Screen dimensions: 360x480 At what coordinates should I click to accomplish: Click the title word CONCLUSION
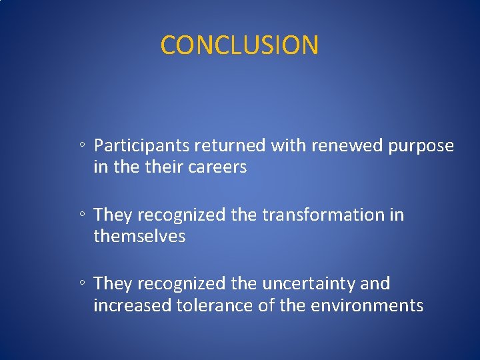coord(239,45)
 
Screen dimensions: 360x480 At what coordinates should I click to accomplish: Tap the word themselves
coord(139,237)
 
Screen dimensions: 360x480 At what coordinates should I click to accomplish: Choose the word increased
coord(132,306)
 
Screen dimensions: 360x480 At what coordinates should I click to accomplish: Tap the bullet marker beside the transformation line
coord(80,215)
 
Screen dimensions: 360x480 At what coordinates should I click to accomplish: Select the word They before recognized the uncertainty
coord(113,284)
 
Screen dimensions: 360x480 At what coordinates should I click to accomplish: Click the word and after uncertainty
coord(376,284)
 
